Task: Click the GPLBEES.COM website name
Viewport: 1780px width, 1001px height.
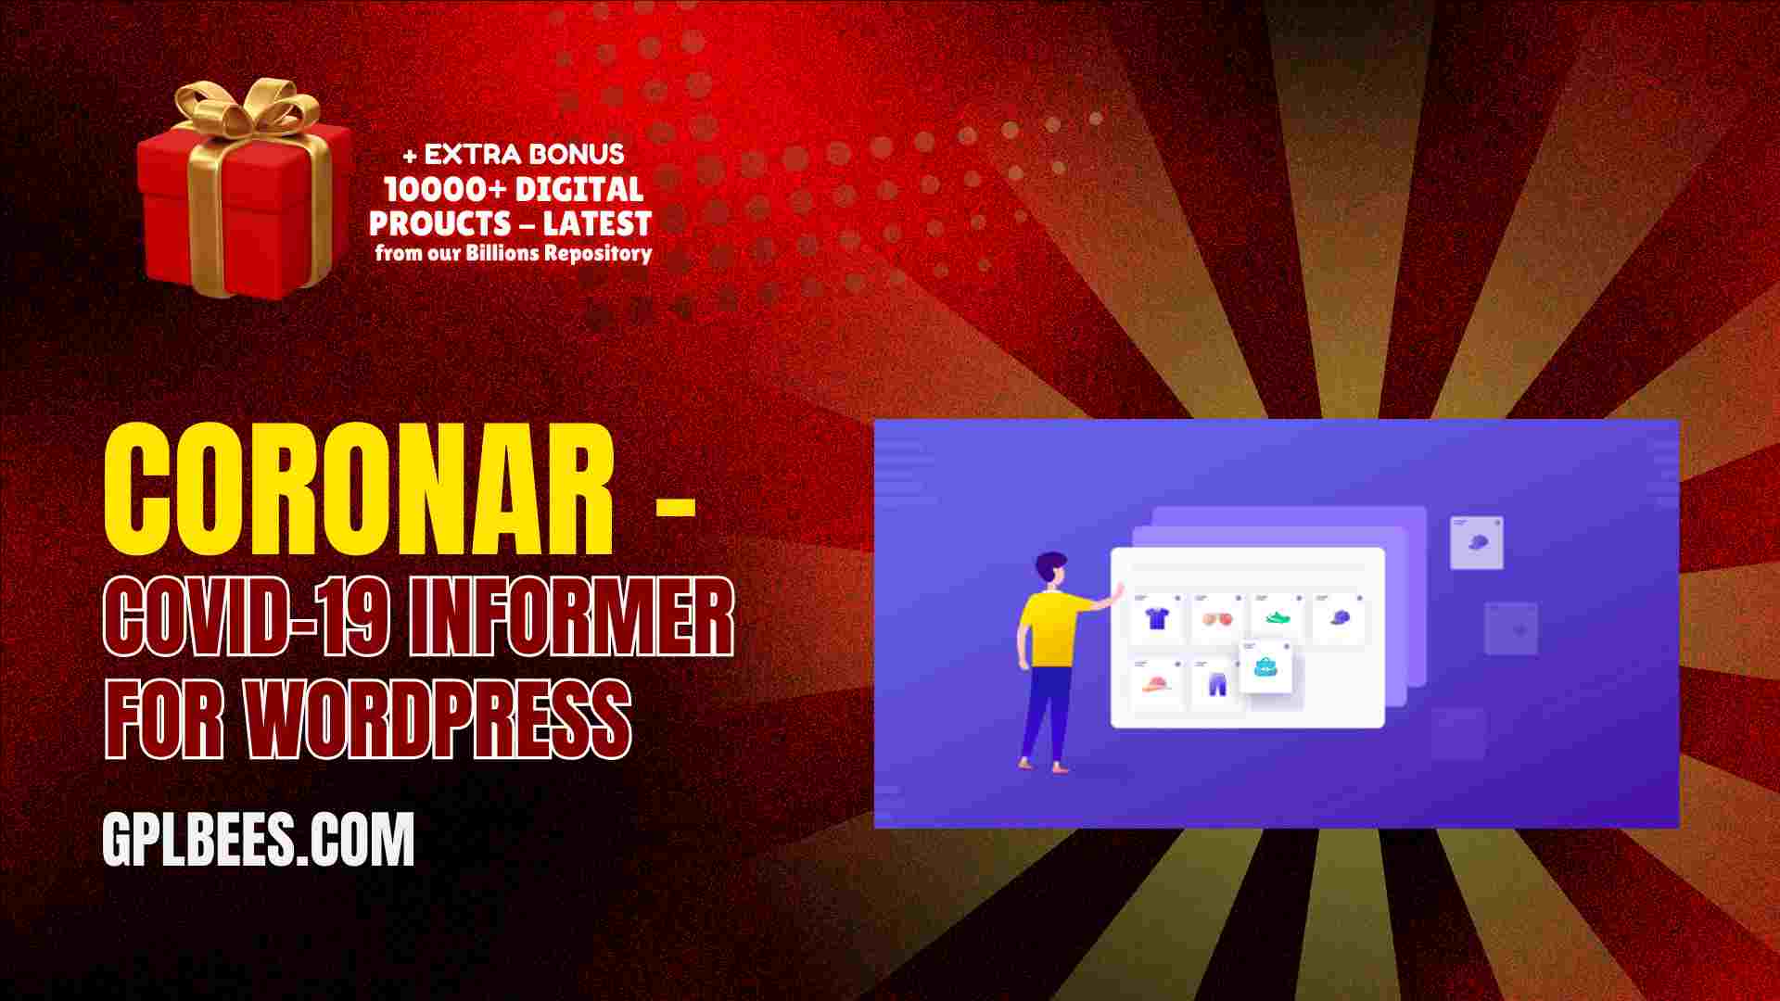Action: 259,840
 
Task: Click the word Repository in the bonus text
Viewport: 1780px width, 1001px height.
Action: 598,253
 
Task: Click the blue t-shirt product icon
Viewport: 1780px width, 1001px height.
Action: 1156,618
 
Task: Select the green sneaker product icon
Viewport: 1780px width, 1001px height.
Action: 1278,616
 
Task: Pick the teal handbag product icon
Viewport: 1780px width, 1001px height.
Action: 1266,666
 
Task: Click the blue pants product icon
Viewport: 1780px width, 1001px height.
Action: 1216,685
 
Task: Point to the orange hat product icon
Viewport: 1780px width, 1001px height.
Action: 1156,686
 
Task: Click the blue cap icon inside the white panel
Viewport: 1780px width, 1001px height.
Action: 1340,617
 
